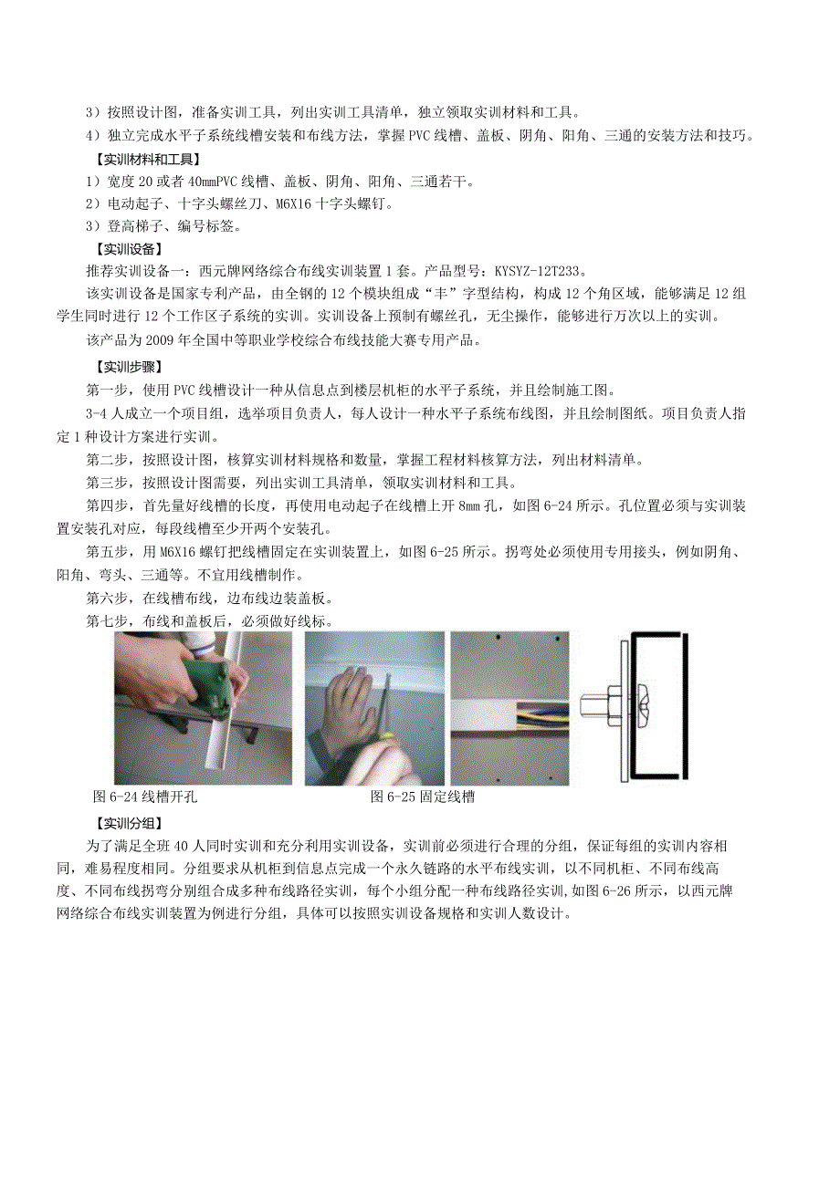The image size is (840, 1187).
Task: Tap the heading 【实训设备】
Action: pos(129,248)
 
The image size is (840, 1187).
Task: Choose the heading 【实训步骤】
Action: pos(129,367)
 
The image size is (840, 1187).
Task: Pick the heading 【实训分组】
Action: pos(129,823)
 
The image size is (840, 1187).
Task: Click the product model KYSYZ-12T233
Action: pos(538,271)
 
